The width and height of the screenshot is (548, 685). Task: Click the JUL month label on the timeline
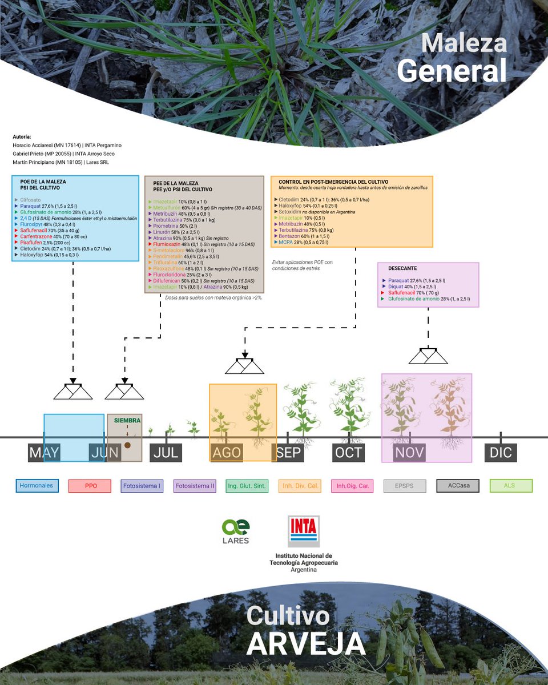tap(167, 453)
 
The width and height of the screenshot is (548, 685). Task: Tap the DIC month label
tap(501, 453)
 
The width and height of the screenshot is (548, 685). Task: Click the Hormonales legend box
tap(37, 486)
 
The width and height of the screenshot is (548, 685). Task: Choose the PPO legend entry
tap(90, 486)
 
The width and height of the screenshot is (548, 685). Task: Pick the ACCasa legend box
tap(458, 486)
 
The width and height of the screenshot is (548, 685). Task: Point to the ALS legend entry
tap(511, 486)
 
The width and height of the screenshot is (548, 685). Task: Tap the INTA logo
tap(303, 531)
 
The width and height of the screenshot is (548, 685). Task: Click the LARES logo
tap(236, 531)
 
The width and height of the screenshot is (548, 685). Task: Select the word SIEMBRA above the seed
tap(127, 420)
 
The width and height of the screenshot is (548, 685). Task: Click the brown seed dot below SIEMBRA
tap(128, 445)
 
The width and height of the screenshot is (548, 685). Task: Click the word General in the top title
tap(452, 72)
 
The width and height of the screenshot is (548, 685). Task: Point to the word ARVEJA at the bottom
tap(306, 643)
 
